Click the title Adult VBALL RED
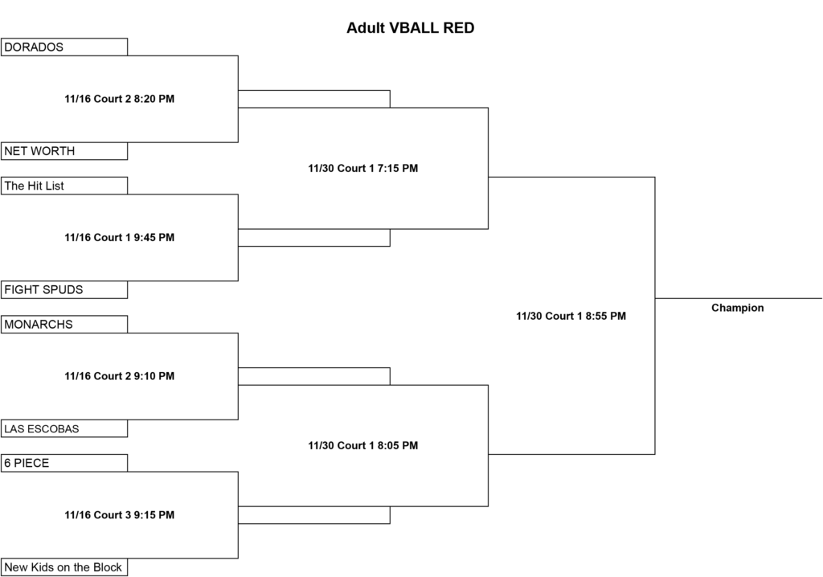tap(410, 28)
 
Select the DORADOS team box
tap(64, 47)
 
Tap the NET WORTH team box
tap(64, 151)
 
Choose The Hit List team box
tap(64, 186)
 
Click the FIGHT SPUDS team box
tap(64, 289)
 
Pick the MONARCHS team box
tap(64, 324)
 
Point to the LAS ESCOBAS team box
tap(64, 428)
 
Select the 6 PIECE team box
tap(64, 463)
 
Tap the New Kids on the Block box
tap(64, 567)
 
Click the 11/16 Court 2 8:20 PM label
tap(120, 99)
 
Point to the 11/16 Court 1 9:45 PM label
tap(120, 237)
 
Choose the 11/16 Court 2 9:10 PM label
tap(120, 376)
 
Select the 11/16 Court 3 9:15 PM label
tap(120, 514)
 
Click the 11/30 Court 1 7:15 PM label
tap(363, 168)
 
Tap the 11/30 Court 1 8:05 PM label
tap(363, 445)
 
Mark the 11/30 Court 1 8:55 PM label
tap(571, 316)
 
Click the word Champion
tap(738, 308)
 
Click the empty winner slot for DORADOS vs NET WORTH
tap(314, 99)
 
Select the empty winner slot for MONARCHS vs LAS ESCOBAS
tap(314, 376)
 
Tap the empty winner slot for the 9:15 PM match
tap(314, 515)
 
